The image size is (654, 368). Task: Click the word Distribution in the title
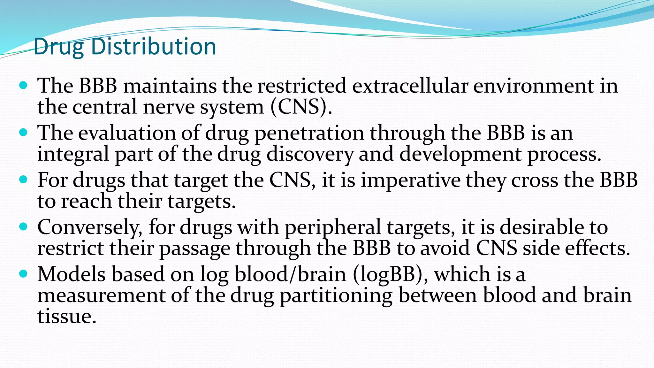pyautogui.click(x=154, y=47)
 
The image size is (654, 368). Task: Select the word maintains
pyautogui.click(x=170, y=86)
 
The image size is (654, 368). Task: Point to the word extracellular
pyautogui.click(x=410, y=86)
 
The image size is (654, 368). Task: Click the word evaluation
pyautogui.click(x=127, y=133)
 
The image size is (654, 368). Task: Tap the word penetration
pyautogui.click(x=309, y=134)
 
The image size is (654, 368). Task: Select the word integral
pyautogui.click(x=73, y=155)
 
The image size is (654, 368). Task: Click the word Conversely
pyautogui.click(x=90, y=227)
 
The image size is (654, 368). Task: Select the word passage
pyautogui.click(x=194, y=249)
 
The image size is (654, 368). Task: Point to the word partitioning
pyautogui.click(x=336, y=295)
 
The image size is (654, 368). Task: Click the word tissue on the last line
pyautogui.click(x=67, y=316)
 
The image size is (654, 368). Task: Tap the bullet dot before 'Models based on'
pyautogui.click(x=23, y=274)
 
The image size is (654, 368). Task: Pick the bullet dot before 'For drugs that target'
pyautogui.click(x=23, y=180)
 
